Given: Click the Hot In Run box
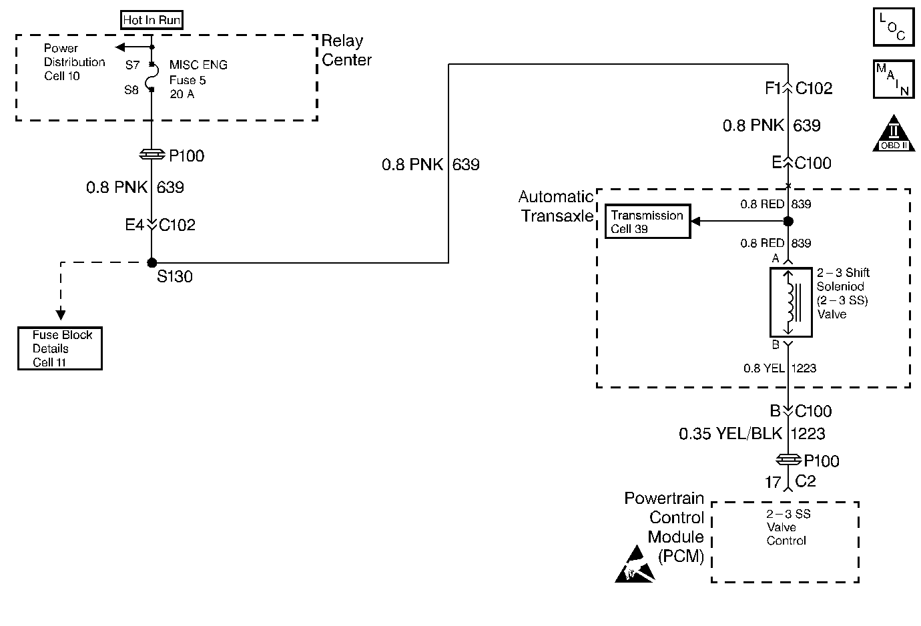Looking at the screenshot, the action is tap(151, 20).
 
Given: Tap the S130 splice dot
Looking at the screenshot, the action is tap(151, 262).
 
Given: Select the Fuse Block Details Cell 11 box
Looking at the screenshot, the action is tap(60, 348).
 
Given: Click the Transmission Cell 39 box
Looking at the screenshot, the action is tap(647, 221).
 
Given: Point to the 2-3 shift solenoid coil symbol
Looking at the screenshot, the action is tap(791, 302).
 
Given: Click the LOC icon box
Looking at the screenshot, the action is tap(894, 27).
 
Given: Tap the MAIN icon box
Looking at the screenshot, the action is tap(894, 79).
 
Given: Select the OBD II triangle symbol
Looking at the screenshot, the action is tap(894, 133).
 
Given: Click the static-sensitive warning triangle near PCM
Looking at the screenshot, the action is tap(635, 565).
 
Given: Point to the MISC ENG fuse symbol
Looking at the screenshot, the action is tap(151, 77).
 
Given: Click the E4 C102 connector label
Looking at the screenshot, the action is tap(160, 225).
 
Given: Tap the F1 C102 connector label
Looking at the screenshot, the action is tap(798, 88).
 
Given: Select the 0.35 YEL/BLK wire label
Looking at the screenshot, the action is tap(731, 434).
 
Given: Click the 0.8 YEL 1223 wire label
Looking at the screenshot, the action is tap(780, 368).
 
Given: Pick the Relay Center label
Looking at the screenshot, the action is tap(346, 50).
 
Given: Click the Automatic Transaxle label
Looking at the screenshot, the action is tap(556, 206).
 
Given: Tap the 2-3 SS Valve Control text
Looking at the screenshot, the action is tap(788, 527).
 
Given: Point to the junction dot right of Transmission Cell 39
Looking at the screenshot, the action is tap(788, 221).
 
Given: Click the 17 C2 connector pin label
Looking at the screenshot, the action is tap(790, 481).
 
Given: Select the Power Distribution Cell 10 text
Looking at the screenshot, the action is tap(75, 62).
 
